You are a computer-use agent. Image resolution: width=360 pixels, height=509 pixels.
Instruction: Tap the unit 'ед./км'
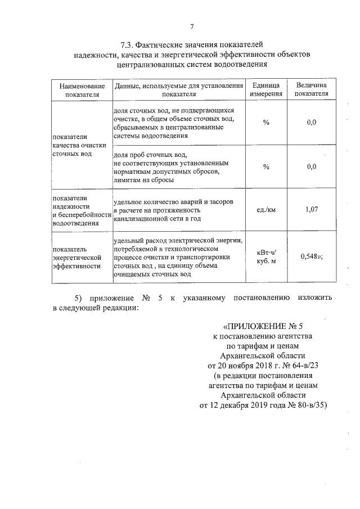click(x=266, y=210)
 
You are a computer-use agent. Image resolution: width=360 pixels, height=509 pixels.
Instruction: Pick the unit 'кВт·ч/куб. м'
click(x=266, y=256)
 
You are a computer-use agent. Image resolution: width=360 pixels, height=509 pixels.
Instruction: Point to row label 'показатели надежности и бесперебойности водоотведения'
click(x=79, y=210)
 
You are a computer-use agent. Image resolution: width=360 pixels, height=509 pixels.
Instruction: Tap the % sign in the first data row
click(x=266, y=122)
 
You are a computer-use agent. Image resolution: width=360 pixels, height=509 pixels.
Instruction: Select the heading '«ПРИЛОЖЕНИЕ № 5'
click(x=266, y=326)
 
